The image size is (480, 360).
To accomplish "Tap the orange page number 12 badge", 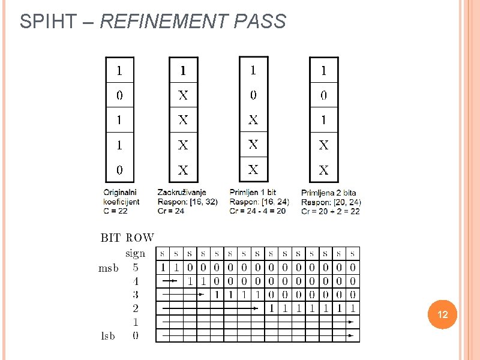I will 443,315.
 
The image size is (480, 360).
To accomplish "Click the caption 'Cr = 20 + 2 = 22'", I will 331,211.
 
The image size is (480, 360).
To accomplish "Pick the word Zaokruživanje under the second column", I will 181,193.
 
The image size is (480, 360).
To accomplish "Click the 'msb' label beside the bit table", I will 109,268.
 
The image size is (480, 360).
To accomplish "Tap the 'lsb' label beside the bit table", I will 109,336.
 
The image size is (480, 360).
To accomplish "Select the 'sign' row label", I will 135,253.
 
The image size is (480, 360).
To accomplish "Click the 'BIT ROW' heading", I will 127,238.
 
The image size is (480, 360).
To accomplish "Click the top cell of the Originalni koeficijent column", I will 119,70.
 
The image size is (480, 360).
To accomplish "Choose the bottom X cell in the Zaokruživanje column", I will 183,170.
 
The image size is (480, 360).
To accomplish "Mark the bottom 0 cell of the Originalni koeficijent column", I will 119,170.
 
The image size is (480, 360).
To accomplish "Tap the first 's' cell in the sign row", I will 163,253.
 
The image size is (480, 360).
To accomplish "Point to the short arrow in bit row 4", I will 170,280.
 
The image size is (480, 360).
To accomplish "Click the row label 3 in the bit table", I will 135,295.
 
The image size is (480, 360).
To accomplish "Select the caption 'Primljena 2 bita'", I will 328,193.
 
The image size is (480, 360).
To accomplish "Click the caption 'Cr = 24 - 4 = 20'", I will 259,211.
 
